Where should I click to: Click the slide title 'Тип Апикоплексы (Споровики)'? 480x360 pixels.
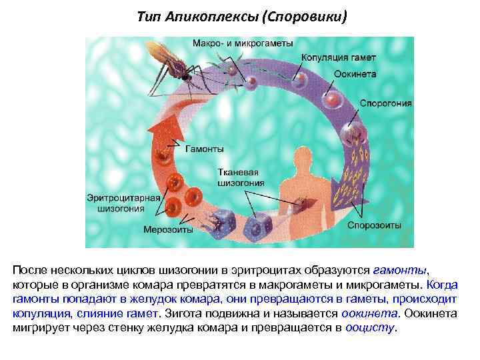(x=242, y=15)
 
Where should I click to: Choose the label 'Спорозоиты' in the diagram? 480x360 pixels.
(x=374, y=225)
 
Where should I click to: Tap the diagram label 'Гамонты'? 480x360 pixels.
(x=204, y=148)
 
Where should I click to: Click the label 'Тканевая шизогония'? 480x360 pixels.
(x=241, y=177)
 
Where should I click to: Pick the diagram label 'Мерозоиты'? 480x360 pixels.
(x=168, y=229)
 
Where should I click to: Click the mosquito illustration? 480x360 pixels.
(x=173, y=63)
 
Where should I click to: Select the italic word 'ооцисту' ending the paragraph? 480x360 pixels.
(x=371, y=328)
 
